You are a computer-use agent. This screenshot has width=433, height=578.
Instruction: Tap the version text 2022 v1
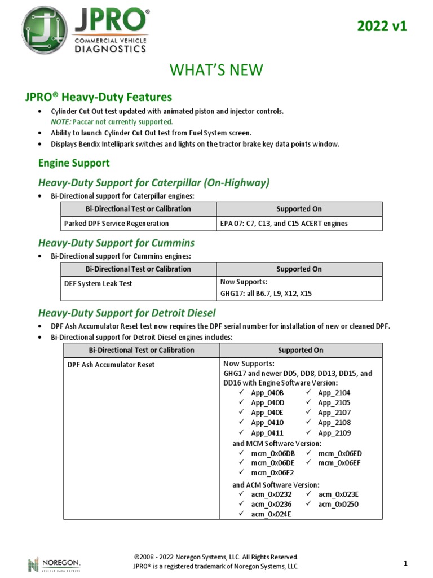(x=382, y=27)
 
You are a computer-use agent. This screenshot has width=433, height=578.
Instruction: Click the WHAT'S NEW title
(x=216, y=69)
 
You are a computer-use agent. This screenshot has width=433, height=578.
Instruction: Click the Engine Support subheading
(x=74, y=163)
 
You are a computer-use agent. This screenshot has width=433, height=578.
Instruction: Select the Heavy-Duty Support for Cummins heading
(x=116, y=243)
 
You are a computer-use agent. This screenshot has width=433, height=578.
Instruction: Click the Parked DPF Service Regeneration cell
(x=116, y=224)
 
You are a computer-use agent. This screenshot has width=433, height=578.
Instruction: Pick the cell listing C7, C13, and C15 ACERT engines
(x=284, y=224)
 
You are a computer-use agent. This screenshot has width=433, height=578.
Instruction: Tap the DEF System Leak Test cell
(x=97, y=284)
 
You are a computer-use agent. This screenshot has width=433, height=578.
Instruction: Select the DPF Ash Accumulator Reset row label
(x=111, y=365)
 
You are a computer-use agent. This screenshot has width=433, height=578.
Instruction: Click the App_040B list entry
(x=268, y=392)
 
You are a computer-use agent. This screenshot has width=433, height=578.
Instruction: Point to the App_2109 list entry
(x=334, y=433)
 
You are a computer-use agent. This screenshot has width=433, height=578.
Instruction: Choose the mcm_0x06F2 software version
(x=272, y=472)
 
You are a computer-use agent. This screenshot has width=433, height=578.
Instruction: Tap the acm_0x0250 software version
(x=338, y=504)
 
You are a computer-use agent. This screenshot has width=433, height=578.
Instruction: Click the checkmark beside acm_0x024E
(x=241, y=514)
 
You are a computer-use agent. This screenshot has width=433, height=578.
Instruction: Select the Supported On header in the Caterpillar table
(x=299, y=209)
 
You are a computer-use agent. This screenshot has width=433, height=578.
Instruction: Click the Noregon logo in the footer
(x=54, y=563)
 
